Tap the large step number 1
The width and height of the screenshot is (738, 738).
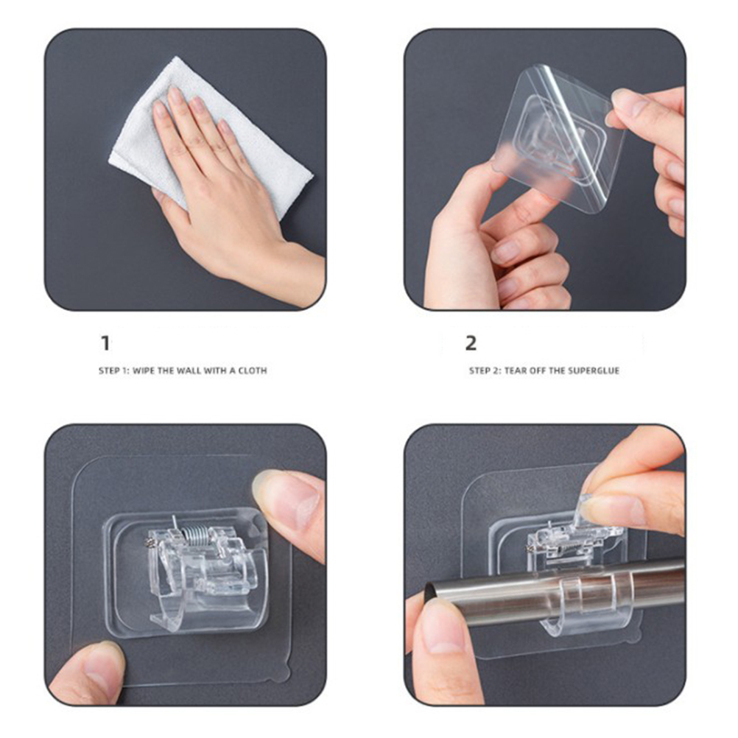(106, 343)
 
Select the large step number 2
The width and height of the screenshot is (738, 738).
(471, 343)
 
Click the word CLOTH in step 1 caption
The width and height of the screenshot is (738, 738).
(253, 371)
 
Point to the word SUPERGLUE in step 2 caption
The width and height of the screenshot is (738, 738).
(594, 371)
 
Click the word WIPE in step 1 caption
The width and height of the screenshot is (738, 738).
(144, 371)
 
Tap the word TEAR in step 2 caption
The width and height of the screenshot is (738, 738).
(515, 371)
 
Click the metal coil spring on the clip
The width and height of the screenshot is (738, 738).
(193, 535)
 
